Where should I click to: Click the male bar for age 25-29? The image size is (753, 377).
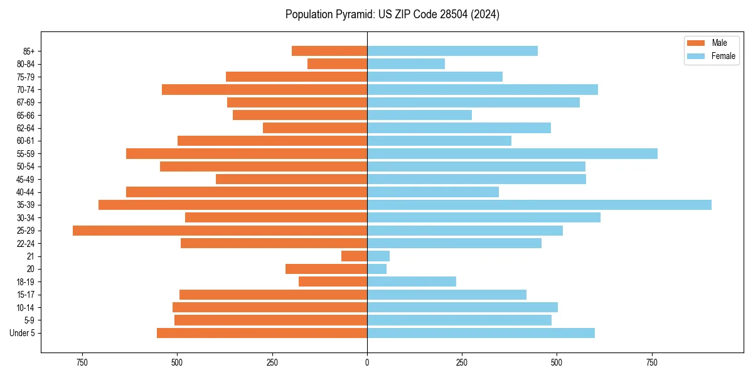pyautogui.click(x=220, y=231)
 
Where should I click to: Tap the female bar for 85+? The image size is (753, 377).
pyautogui.click(x=452, y=51)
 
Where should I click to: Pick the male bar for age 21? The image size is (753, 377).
pyautogui.click(x=354, y=256)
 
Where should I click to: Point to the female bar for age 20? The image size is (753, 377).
pyautogui.click(x=376, y=269)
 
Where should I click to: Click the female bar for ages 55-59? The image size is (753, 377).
pyautogui.click(x=512, y=153)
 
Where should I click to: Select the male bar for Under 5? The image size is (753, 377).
pyautogui.click(x=262, y=333)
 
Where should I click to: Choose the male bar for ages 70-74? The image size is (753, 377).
pyautogui.click(x=264, y=89)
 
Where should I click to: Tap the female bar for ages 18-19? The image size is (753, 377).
pyautogui.click(x=412, y=281)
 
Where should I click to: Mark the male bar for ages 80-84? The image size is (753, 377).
pyautogui.click(x=337, y=63)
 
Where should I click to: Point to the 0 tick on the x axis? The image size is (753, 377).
pyautogui.click(x=367, y=363)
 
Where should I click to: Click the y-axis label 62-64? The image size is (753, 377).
pyautogui.click(x=26, y=128)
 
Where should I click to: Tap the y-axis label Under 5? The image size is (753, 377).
pyautogui.click(x=23, y=333)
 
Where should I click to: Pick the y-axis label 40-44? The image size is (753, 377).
pyautogui.click(x=26, y=192)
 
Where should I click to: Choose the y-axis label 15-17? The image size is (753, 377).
pyautogui.click(x=26, y=295)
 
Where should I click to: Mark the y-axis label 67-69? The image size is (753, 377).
pyautogui.click(x=26, y=102)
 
